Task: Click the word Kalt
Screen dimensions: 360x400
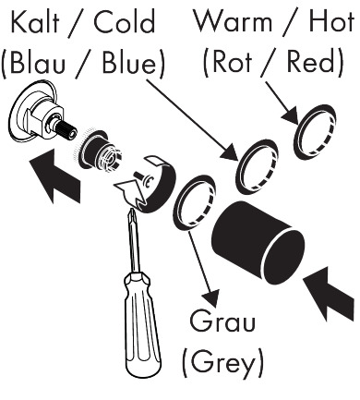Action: (34, 22)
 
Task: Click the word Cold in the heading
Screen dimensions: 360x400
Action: (125, 22)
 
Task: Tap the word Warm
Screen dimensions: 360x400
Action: (234, 21)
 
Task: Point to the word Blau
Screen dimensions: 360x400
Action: (38, 63)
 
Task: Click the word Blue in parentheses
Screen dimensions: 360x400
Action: (129, 63)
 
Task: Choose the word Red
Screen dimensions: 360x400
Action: (311, 61)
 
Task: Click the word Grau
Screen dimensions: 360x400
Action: (222, 321)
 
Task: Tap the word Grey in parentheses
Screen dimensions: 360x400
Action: (223, 361)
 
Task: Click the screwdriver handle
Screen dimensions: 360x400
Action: (141, 323)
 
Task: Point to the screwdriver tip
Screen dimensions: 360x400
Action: (133, 211)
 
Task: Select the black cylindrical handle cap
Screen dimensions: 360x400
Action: (258, 243)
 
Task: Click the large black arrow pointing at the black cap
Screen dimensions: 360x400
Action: (329, 293)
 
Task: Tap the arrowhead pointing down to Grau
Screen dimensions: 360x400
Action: (211, 297)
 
